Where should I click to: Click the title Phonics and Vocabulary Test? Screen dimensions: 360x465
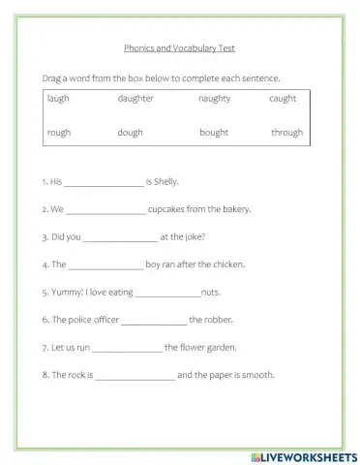click(180, 46)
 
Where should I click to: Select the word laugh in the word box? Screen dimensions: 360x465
click(57, 99)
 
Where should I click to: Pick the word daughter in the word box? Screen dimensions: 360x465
click(135, 99)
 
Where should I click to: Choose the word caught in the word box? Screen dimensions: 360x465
click(283, 99)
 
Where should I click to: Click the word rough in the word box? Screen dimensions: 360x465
click(57, 133)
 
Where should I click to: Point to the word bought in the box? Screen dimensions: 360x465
click(214, 133)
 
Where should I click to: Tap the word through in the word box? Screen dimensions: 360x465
click(286, 133)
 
